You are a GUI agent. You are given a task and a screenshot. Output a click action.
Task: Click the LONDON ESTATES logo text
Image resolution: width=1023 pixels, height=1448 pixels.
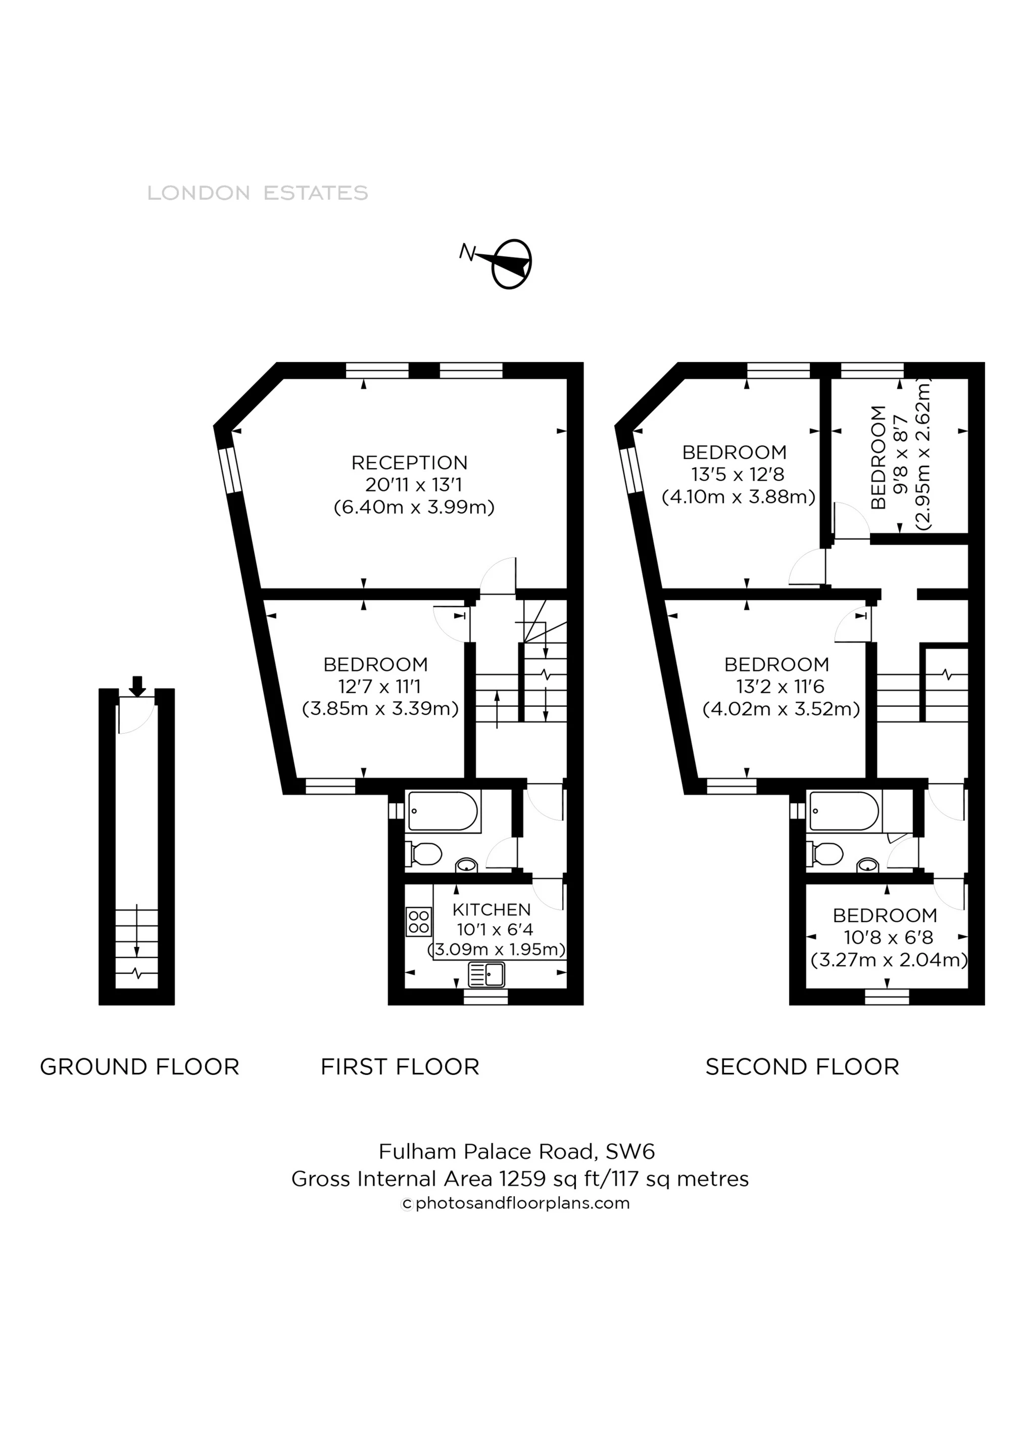tap(258, 193)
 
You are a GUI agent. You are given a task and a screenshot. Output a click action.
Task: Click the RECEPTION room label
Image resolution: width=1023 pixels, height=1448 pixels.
tap(410, 463)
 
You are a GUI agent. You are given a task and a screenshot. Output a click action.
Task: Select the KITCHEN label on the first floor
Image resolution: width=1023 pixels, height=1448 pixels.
tap(492, 910)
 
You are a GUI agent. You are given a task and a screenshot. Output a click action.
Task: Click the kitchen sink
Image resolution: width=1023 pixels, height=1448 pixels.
tap(486, 975)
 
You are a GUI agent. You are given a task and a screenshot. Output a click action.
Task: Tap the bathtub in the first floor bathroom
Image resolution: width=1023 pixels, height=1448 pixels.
tap(444, 811)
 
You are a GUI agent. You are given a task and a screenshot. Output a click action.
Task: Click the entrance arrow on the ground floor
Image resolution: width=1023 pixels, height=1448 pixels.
tap(137, 686)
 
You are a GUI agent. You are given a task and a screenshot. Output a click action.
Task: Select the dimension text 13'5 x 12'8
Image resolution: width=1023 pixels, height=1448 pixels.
tap(738, 474)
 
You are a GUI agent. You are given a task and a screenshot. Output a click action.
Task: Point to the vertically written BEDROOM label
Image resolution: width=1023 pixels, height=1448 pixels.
tap(878, 457)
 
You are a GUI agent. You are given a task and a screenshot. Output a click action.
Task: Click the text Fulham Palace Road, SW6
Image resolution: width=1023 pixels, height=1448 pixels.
tap(517, 1152)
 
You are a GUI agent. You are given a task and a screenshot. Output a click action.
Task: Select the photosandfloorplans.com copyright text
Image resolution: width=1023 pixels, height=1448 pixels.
tap(516, 1203)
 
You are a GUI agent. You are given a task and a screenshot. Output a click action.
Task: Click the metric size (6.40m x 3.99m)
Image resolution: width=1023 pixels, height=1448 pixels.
tap(414, 507)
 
